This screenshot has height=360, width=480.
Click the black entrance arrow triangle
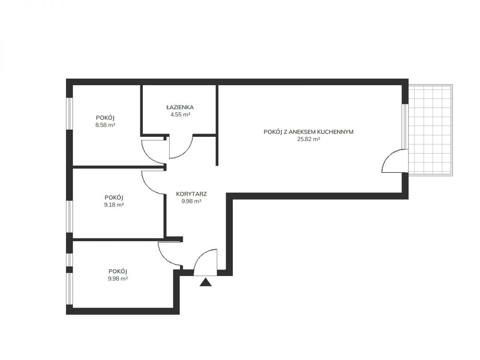coord(205,282)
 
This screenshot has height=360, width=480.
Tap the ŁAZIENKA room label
coord(180,107)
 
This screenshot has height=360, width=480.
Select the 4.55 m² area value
coord(180,114)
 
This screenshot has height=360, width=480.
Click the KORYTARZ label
coord(191,194)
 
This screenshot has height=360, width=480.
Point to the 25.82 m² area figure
coord(308,139)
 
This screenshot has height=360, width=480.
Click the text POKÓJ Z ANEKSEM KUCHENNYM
coord(308,132)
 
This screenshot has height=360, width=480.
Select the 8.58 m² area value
coord(105,125)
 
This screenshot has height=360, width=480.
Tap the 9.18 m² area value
coord(114,205)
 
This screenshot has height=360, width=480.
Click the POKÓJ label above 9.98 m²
coord(118,271)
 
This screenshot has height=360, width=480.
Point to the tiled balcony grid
coord(430,130)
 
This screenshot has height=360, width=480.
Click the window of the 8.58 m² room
coord(69,114)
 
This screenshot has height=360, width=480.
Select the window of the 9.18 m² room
coord(69,216)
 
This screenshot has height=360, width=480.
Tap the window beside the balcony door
coord(405,126)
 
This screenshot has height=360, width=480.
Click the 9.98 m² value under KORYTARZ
coord(191,201)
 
